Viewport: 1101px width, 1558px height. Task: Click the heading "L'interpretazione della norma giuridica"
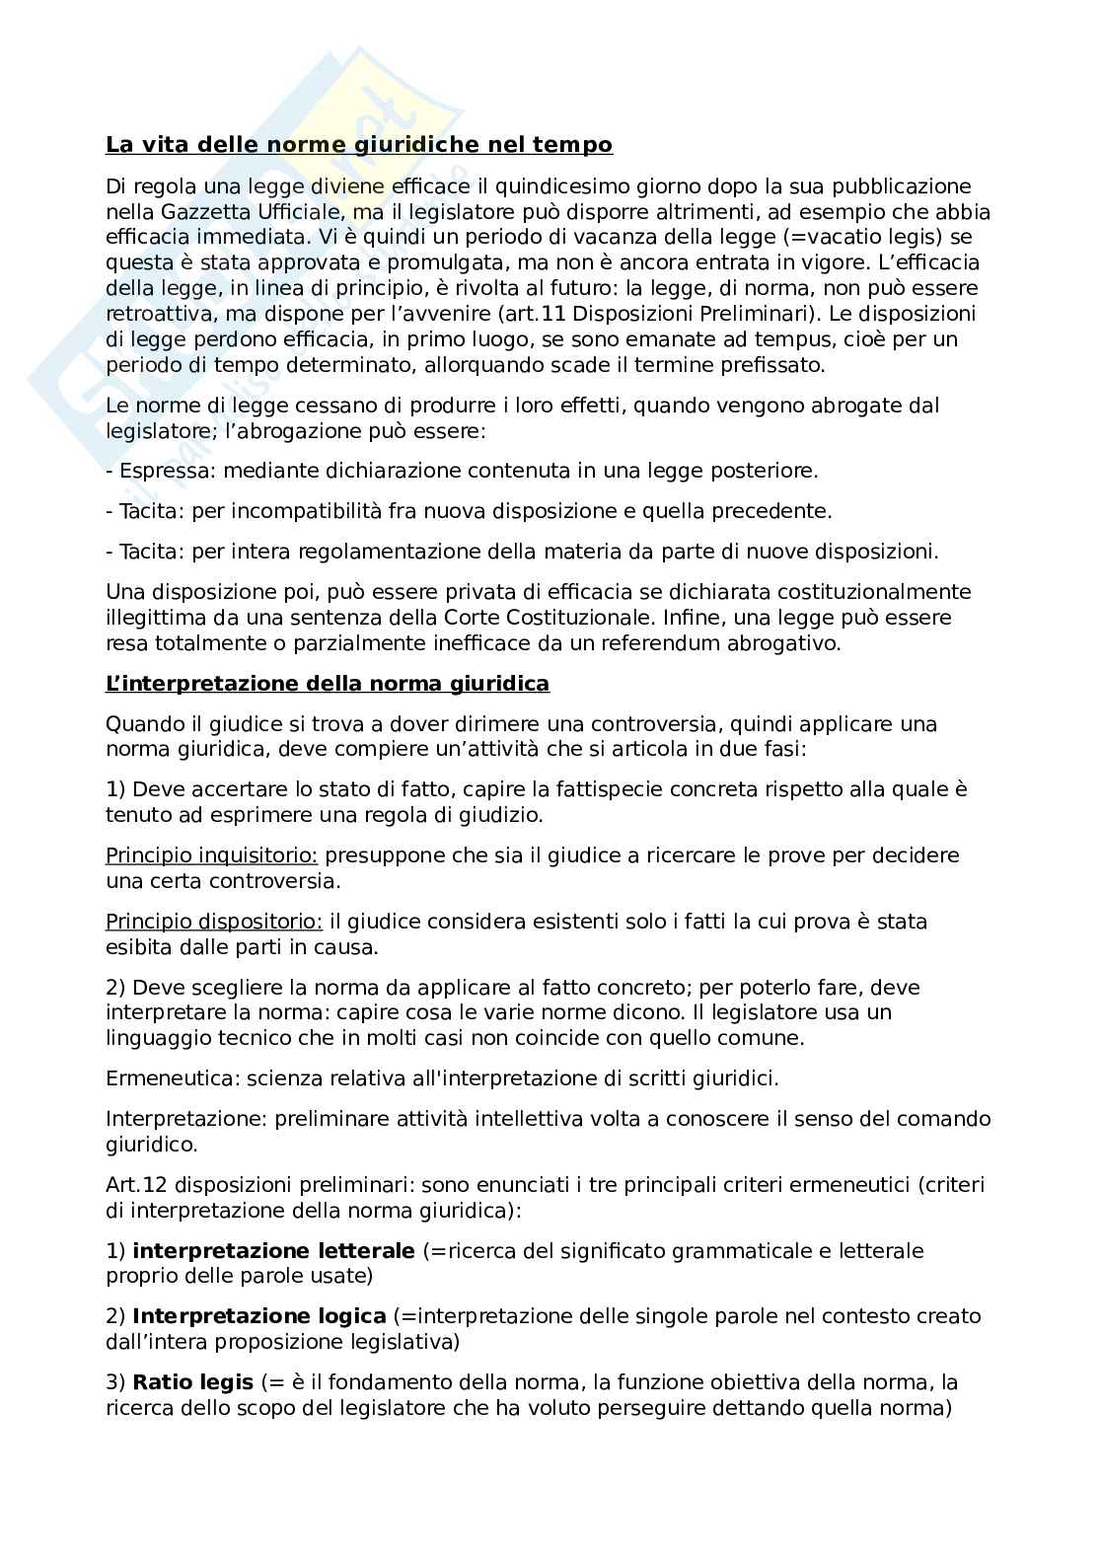tap(328, 684)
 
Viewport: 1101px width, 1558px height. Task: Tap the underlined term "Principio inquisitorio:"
tap(211, 855)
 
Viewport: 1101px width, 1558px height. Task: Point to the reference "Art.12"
tap(136, 1184)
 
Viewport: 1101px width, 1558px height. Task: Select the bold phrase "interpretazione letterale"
tap(273, 1251)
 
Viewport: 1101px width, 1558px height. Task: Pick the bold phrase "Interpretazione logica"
tap(258, 1316)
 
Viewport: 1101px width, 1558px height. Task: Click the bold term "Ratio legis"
tap(192, 1382)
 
